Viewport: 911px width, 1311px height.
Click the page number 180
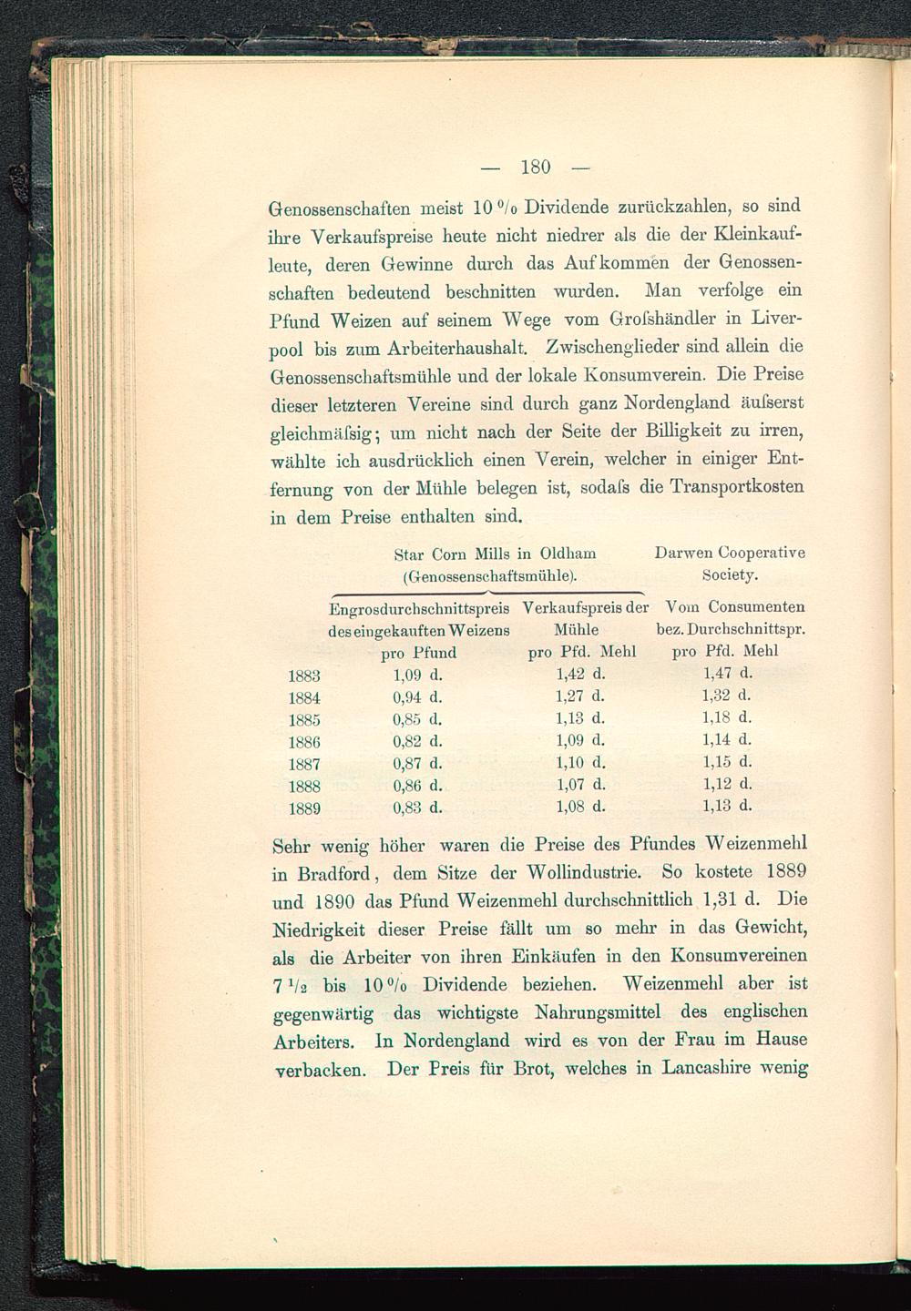coord(536,167)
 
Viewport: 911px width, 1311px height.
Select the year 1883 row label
coord(303,676)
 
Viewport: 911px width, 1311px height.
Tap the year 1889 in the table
coord(303,808)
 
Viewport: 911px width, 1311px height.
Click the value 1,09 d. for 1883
coord(417,676)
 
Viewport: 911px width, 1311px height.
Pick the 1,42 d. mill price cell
coord(580,675)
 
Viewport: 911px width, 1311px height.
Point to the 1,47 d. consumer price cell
coord(727,674)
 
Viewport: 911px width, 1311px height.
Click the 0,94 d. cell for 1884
coord(417,697)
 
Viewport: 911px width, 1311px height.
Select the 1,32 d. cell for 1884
coord(727,696)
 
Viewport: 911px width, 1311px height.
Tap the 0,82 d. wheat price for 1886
coord(417,741)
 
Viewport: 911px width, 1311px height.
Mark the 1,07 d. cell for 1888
coord(580,784)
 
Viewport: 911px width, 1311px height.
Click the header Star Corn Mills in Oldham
coord(495,554)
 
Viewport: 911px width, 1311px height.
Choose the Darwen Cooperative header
coord(730,553)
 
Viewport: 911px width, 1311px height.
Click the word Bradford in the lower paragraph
coord(333,874)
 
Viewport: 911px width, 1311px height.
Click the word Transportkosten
coord(736,487)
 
